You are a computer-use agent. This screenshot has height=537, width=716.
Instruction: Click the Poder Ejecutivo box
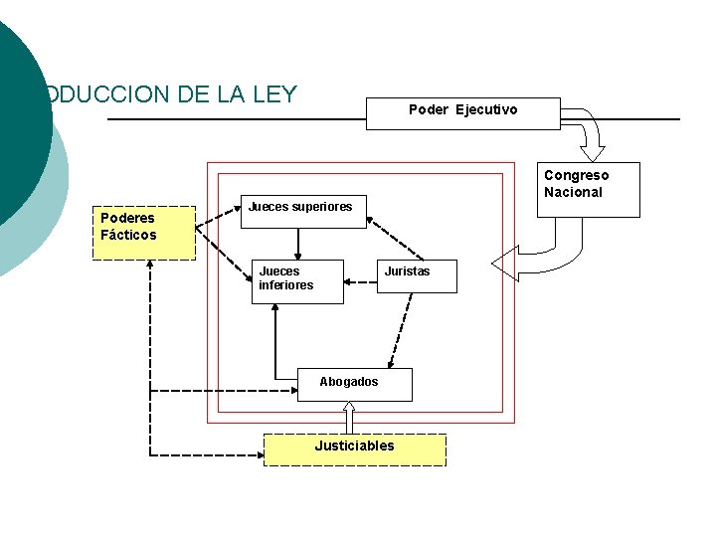pyautogui.click(x=463, y=113)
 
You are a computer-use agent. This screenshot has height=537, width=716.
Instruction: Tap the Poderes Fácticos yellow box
pyautogui.click(x=144, y=233)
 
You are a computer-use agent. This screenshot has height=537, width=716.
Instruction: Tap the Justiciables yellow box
pyautogui.click(x=354, y=448)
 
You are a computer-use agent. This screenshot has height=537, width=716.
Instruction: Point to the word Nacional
pyautogui.click(x=574, y=192)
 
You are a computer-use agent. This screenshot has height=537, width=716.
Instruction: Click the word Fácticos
pyautogui.click(x=128, y=236)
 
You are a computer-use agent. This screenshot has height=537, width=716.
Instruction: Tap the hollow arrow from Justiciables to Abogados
pyautogui.click(x=349, y=417)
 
